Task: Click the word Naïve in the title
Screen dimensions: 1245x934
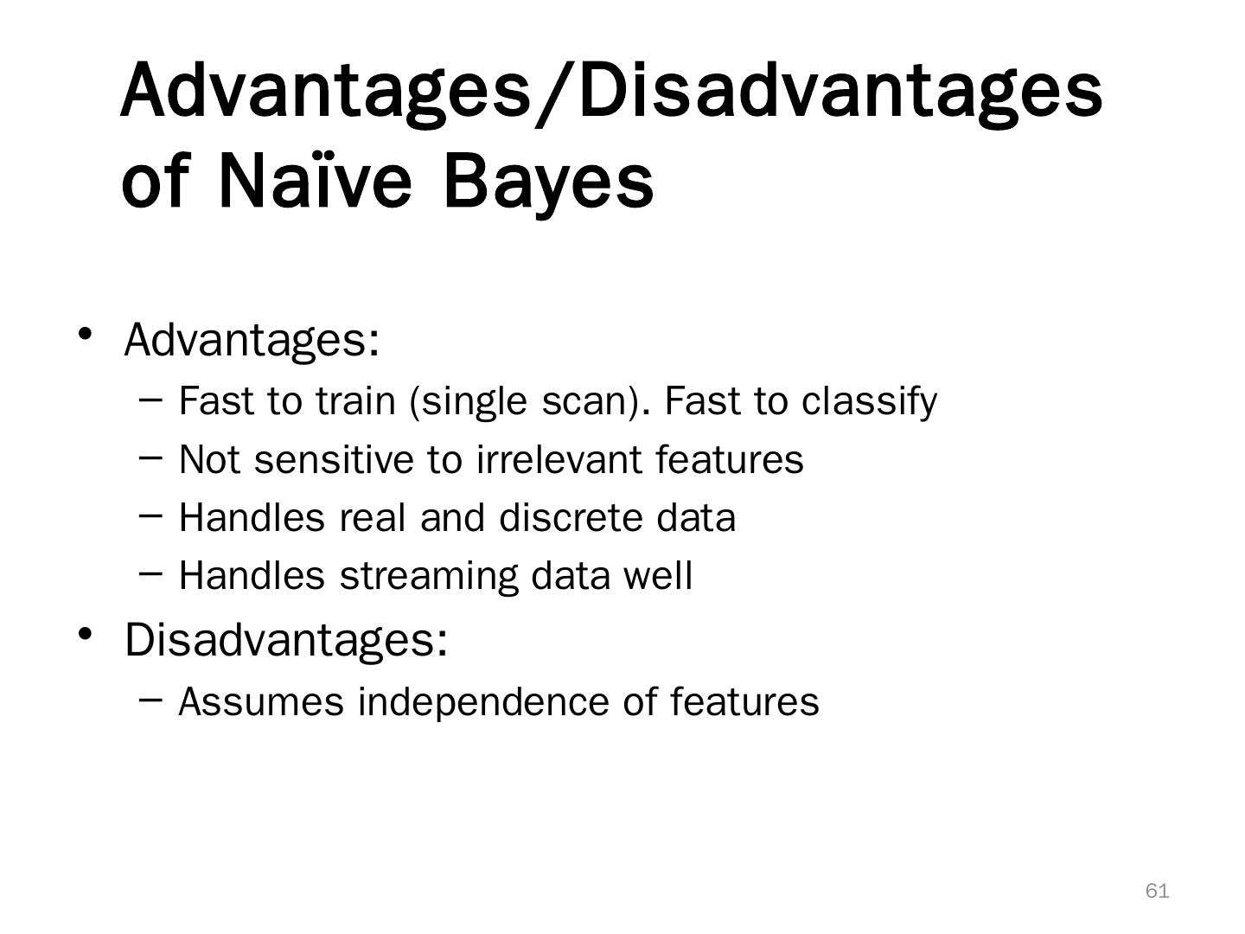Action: coord(315,181)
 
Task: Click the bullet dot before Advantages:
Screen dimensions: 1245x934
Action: coord(85,334)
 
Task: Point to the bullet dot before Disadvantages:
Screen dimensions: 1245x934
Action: coord(85,634)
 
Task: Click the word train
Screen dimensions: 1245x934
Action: coord(355,401)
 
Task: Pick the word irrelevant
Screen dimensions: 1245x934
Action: coord(559,459)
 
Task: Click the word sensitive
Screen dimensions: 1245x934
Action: coord(334,459)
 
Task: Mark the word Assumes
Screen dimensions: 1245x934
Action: coord(261,702)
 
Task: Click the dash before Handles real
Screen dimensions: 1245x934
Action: coord(150,515)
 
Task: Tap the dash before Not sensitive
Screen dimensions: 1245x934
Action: coord(150,457)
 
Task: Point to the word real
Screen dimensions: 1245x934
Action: coord(372,518)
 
